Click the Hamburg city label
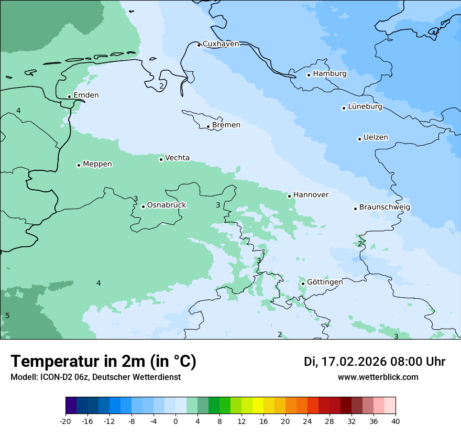click(x=330, y=74)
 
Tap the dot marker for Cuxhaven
click(x=199, y=45)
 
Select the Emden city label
click(x=86, y=95)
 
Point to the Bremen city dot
click(x=208, y=126)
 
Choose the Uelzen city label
click(x=376, y=138)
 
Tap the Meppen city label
click(x=97, y=164)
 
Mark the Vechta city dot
click(x=161, y=159)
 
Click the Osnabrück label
click(x=167, y=205)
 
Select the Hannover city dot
click(x=289, y=196)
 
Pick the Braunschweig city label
click(x=385, y=208)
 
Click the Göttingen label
click(x=325, y=282)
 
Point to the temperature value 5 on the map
click(x=7, y=316)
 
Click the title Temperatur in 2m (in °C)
click(x=103, y=362)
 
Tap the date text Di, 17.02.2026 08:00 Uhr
click(x=375, y=362)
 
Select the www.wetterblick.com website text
click(x=378, y=377)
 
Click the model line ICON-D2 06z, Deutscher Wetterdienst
click(x=95, y=377)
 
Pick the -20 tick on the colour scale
click(x=65, y=421)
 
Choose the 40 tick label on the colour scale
click(x=396, y=421)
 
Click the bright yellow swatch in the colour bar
click(x=258, y=406)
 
